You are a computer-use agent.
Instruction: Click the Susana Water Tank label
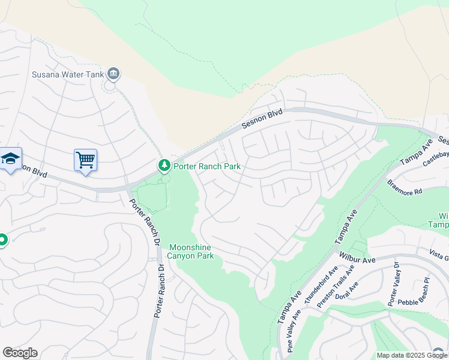coord(68,75)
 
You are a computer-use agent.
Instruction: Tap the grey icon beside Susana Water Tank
coord(113,74)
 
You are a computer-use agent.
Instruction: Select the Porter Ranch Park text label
coord(206,166)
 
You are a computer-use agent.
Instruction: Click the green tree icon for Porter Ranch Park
coord(163,164)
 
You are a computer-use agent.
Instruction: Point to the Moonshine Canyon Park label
coord(191,251)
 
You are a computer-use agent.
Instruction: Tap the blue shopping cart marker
coord(86,160)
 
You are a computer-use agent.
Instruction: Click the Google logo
coord(20,353)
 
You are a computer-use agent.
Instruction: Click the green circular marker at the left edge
coord(2,241)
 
